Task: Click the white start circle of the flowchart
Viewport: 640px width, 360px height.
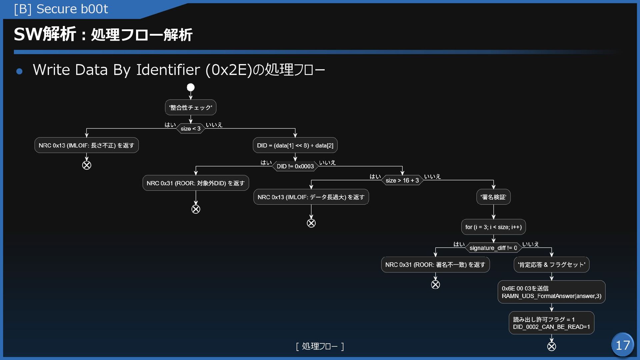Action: click(191, 87)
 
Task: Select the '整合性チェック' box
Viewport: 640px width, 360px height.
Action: click(191, 107)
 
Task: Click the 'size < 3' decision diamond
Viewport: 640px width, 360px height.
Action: click(191, 129)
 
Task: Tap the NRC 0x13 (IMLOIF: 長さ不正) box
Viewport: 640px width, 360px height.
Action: click(86, 145)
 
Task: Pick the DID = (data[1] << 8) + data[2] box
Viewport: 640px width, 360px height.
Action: click(295, 145)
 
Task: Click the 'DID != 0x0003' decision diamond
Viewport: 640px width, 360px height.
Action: click(295, 166)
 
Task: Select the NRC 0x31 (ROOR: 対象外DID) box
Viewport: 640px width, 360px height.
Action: click(196, 183)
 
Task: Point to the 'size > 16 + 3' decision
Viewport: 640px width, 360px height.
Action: click(402, 180)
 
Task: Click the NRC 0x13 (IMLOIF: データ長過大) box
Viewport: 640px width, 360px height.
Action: click(311, 197)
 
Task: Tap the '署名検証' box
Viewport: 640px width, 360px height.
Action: click(493, 197)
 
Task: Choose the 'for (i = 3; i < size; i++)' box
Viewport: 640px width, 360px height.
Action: click(493, 227)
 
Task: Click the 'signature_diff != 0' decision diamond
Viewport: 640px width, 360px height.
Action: click(493, 248)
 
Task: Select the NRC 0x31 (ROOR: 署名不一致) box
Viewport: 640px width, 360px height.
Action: click(435, 265)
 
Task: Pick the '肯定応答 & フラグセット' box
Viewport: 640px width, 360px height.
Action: click(552, 265)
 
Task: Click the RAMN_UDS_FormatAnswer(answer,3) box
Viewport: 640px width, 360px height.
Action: click(552, 292)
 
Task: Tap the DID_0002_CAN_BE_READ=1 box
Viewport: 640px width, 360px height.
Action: click(552, 323)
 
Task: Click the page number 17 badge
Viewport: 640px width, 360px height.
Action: click(622, 345)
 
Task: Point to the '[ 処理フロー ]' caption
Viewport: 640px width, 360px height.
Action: click(320, 346)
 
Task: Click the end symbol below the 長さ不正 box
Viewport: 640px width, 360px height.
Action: click(87, 165)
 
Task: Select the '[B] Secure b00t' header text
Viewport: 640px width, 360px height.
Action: click(61, 9)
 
